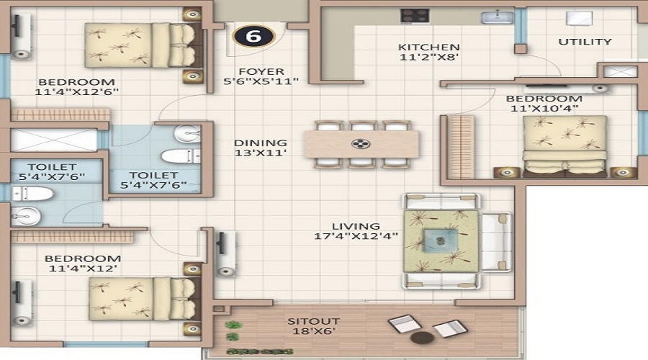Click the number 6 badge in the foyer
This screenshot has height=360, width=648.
tap(253, 36)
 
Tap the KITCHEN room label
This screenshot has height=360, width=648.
tap(428, 47)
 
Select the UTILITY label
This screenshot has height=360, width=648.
tap(585, 42)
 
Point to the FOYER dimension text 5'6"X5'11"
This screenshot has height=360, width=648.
tap(261, 81)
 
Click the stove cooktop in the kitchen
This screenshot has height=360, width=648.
tap(414, 16)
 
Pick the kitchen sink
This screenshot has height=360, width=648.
tap(497, 17)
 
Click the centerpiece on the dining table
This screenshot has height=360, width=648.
tap(361, 144)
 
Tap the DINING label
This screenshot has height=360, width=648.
tap(261, 143)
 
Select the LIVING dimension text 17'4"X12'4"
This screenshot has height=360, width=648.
tap(356, 236)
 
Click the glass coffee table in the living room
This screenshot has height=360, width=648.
tap(441, 240)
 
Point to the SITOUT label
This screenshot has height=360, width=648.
tap(314, 321)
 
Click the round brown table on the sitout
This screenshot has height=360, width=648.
tap(423, 337)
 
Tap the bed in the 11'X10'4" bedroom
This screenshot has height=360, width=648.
tap(564, 145)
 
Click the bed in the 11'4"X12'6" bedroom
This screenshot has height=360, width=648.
tap(143, 45)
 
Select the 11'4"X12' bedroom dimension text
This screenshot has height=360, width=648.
tap(83, 269)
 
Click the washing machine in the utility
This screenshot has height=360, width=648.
tap(579, 19)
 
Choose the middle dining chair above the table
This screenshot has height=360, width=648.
tap(362, 126)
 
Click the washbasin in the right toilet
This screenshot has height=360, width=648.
tap(188, 134)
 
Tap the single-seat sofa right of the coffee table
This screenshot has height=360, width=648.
tap(496, 242)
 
